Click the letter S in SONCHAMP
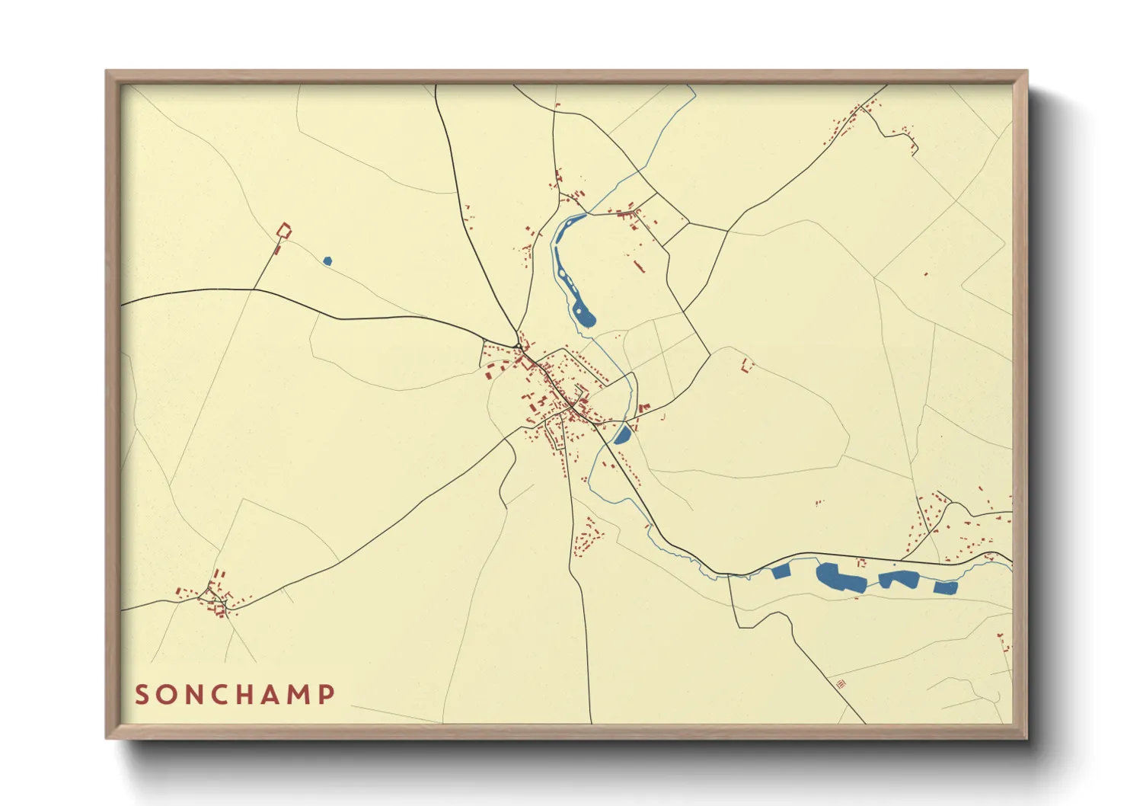(142, 695)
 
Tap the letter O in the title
(168, 695)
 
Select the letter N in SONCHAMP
(195, 695)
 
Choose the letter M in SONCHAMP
(300, 695)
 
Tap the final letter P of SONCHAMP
(327, 695)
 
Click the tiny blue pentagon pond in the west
(327, 261)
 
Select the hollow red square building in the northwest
(283, 229)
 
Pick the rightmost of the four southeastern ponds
(945, 587)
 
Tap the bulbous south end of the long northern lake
(585, 315)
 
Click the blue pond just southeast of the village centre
(622, 435)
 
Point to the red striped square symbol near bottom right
(841, 684)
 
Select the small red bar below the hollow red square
(277, 249)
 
